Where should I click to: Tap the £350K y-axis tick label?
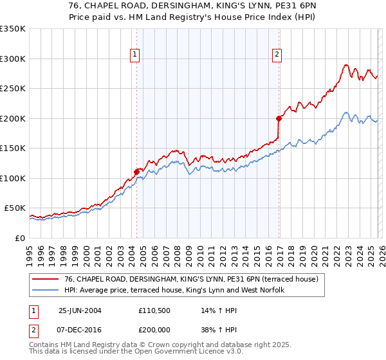click(x=13, y=29)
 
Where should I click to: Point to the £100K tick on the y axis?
click(x=13, y=178)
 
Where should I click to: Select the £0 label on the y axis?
click(x=19, y=238)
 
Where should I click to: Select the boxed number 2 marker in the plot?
click(x=277, y=55)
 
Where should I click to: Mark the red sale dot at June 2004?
click(x=136, y=172)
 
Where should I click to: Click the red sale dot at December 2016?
click(x=279, y=118)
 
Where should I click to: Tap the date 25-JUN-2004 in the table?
click(x=80, y=310)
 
